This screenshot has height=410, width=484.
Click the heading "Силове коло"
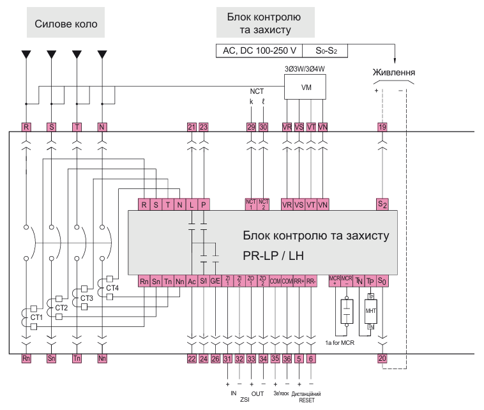coord(66,26)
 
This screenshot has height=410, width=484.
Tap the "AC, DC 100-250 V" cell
coord(259,50)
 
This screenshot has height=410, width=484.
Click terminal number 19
coord(382,127)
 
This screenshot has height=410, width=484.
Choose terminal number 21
coord(192,127)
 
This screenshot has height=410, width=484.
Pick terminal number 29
coord(251,127)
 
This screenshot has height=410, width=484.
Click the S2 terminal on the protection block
coord(382,204)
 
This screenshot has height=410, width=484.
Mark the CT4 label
coord(112,288)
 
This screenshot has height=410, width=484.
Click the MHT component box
coord(370,311)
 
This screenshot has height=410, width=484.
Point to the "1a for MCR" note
coord(340,343)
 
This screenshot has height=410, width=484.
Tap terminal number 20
coord(382,359)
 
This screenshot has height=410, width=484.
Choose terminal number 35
coord(275,359)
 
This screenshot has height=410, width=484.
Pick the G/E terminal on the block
coord(215,281)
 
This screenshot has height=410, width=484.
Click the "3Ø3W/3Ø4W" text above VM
coord(305,68)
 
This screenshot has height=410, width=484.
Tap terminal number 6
coord(311,359)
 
